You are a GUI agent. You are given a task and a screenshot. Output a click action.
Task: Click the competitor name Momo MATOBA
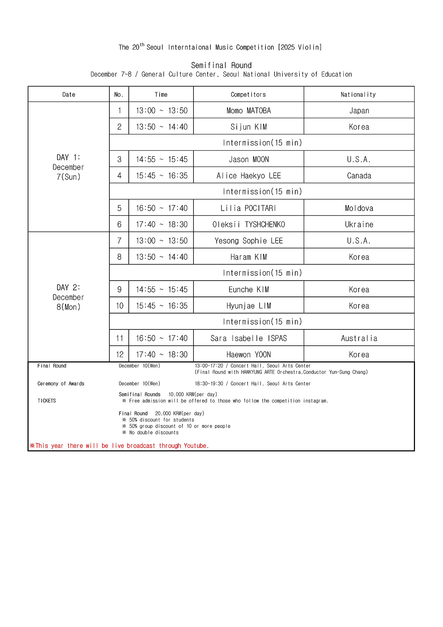248,111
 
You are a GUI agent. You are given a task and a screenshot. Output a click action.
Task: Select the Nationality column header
358,95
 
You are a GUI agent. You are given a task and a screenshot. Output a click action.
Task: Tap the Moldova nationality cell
359,208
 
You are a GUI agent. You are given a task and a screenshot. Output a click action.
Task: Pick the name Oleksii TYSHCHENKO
248,224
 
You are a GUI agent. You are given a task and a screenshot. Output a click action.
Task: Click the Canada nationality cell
359,176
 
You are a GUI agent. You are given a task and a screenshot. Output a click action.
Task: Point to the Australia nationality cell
359,338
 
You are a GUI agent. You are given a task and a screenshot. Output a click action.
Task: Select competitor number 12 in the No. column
119,354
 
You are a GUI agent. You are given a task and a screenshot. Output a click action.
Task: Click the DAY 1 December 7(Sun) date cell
69,167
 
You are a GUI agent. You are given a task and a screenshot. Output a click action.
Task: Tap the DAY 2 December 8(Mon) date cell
69,297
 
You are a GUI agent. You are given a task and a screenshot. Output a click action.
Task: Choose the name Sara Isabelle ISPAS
248,338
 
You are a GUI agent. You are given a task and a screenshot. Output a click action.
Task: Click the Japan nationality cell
359,111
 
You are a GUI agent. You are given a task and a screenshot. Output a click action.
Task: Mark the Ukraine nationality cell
359,224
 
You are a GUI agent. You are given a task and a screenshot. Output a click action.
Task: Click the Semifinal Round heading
221,65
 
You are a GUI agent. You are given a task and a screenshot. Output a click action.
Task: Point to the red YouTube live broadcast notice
119,446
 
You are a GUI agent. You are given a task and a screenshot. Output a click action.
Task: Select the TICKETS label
47,401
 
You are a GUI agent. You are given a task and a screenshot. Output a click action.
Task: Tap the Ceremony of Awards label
61,384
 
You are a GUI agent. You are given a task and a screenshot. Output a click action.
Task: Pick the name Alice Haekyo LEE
248,176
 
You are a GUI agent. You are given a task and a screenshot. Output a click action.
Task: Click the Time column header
161,95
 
